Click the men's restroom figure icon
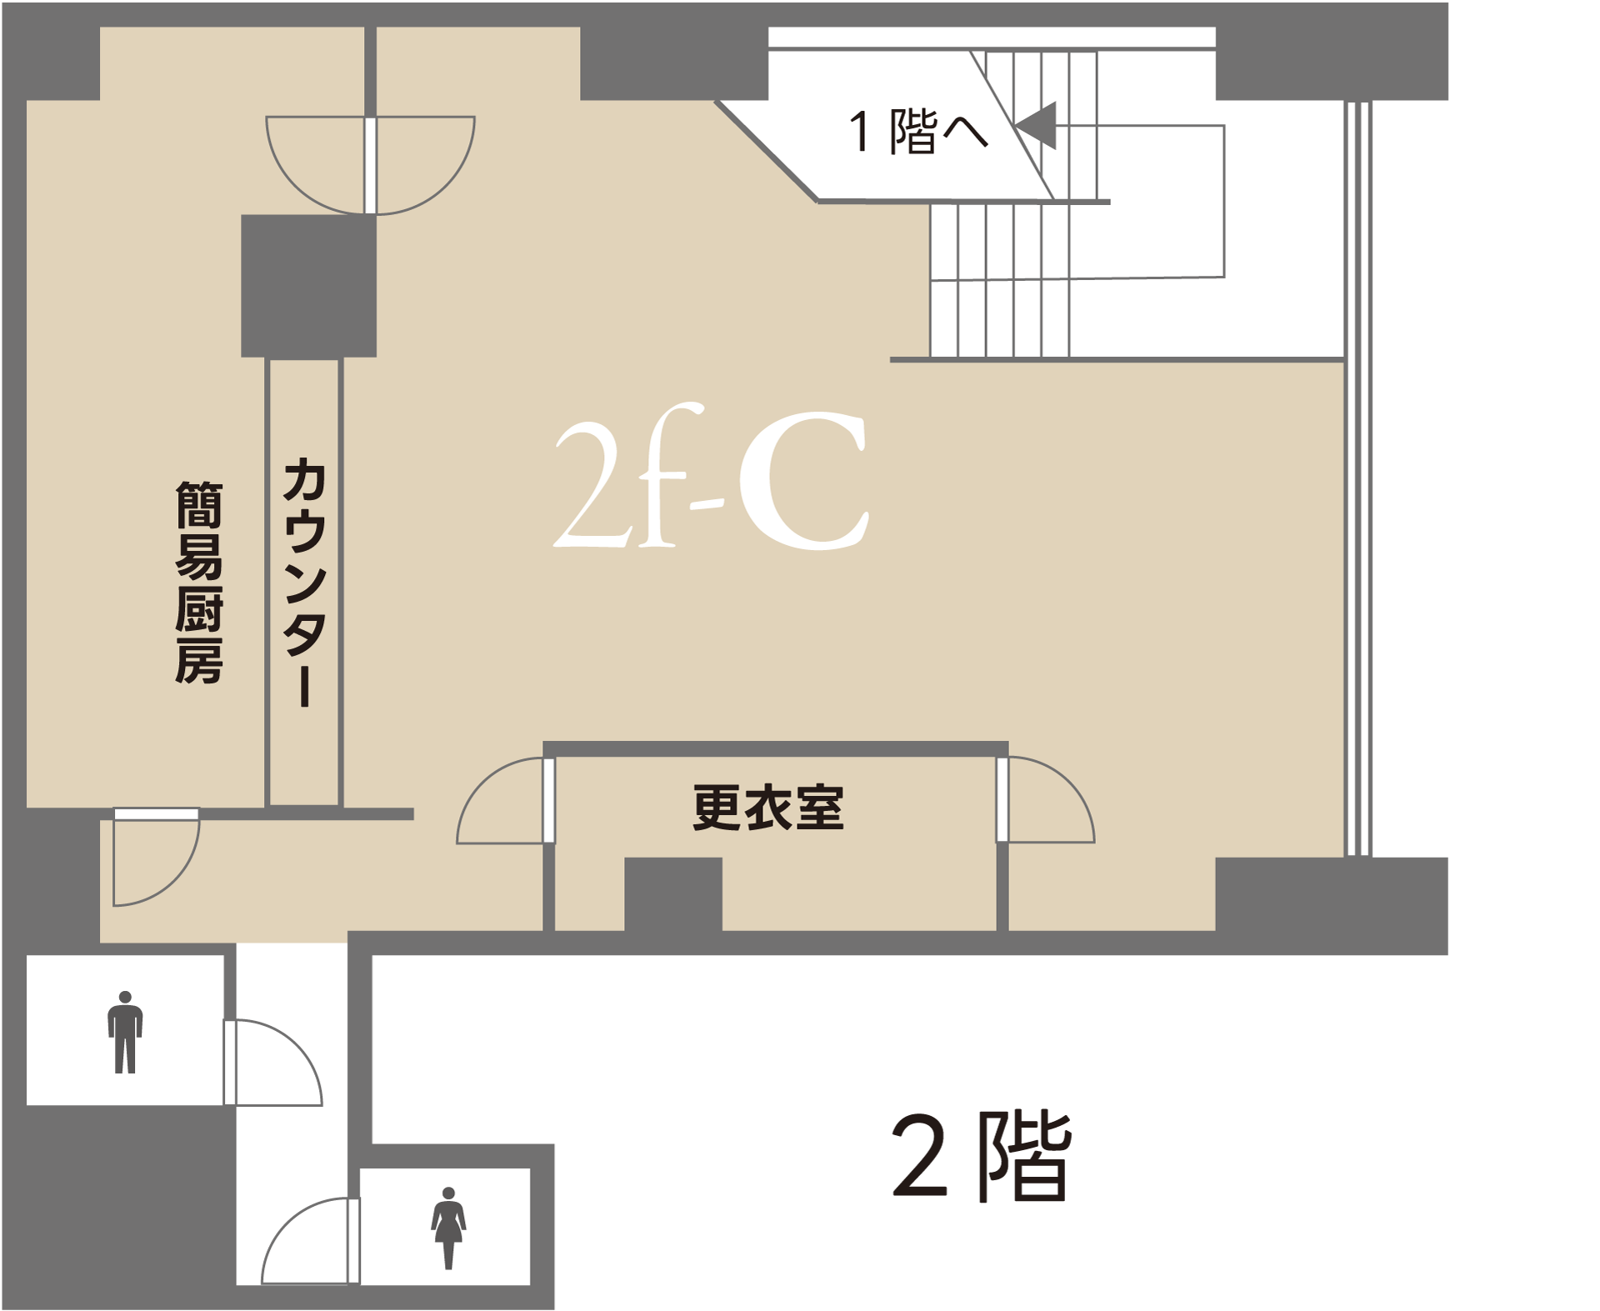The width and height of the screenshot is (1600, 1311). (125, 1032)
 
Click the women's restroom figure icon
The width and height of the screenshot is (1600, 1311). (448, 1228)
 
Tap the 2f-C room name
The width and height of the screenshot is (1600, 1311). (712, 478)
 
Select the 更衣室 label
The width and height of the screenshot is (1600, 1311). (767, 808)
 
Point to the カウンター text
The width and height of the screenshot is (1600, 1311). (305, 582)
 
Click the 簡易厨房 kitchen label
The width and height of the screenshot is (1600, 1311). (198, 583)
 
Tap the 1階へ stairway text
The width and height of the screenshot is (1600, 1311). (917, 132)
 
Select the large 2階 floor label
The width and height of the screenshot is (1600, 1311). (982, 1156)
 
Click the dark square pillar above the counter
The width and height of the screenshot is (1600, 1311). (308, 286)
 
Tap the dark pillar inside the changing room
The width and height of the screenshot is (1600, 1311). (673, 893)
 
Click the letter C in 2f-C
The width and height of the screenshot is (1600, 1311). (803, 481)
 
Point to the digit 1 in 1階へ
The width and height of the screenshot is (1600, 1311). (860, 133)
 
